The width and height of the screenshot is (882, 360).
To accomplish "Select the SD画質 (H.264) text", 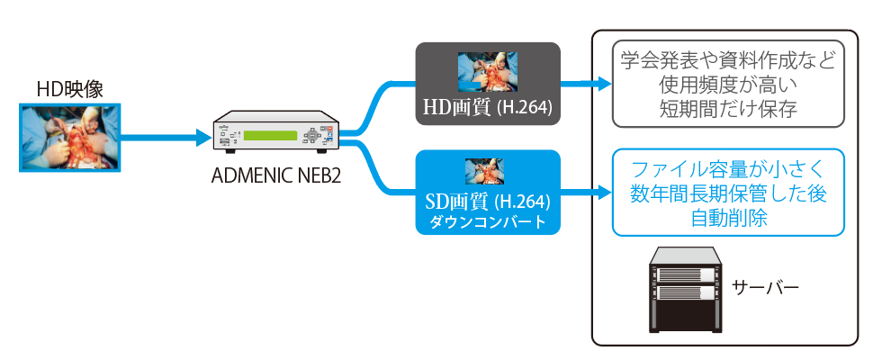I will tap(487, 201).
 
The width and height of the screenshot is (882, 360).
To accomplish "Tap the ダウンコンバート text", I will tap(487, 221).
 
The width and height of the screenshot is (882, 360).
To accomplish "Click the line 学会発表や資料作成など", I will tap(728, 63).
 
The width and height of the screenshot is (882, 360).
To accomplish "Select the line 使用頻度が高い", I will tap(728, 86).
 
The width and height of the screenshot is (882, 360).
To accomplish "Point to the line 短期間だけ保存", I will tap(728, 109).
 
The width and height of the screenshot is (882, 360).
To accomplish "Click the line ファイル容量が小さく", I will tap(728, 169).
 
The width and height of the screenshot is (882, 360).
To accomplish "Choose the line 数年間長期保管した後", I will tap(728, 193).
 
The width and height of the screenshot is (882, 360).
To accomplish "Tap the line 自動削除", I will tap(728, 217).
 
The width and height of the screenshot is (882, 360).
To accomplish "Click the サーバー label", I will tap(766, 289).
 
